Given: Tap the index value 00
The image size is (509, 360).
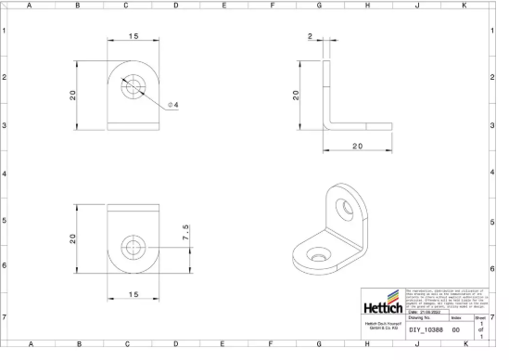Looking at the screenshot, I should point(455,329).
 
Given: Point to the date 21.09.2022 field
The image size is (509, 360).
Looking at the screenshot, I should point(427,313).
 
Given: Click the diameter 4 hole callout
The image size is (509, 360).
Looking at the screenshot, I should point(173,105).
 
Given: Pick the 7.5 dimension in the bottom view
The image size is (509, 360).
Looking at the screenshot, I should point(186,232).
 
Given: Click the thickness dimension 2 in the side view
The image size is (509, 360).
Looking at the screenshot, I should point(310,37).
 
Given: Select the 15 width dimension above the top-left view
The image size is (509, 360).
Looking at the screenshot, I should point(134,36).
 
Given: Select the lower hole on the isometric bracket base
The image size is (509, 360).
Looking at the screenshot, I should point(320,252).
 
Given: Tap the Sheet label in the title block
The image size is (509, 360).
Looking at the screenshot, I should point(479,316).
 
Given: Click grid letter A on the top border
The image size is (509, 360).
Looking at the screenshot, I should point(29,6).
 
